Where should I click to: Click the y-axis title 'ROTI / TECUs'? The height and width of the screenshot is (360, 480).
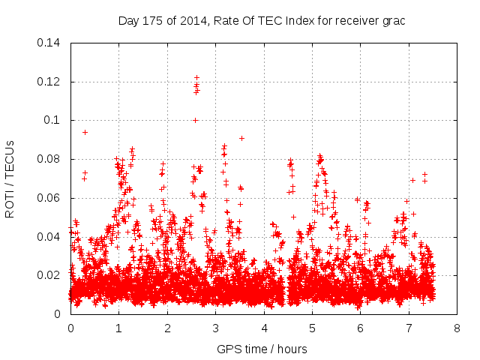(10, 178)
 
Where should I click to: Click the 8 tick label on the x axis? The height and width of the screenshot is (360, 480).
(457, 328)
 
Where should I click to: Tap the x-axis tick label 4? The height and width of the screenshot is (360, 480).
(264, 328)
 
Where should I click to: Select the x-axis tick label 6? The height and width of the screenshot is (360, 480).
(361, 328)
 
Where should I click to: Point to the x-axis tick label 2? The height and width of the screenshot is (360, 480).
(167, 328)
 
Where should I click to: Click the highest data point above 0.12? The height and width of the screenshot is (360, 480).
(196, 77)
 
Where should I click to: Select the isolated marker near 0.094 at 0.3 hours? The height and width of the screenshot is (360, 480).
(85, 132)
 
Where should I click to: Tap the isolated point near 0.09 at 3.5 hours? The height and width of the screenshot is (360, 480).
(241, 138)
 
